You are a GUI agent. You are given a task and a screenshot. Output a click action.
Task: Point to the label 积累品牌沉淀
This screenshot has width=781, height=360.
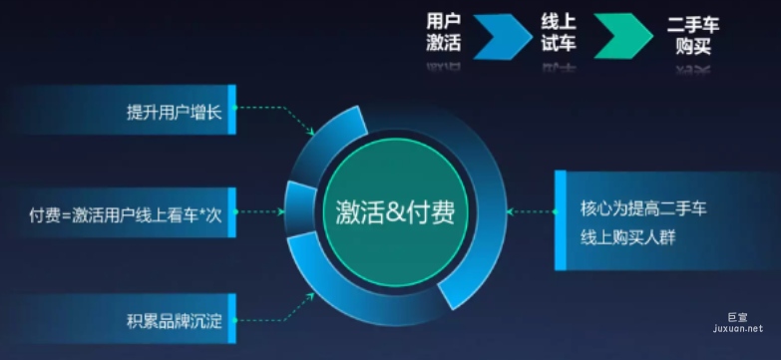(175, 321)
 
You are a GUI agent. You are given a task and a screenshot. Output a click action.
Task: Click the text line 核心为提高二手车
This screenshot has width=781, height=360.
(643, 210)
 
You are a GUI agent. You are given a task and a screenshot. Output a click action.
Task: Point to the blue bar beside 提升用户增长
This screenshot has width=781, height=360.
(232, 110)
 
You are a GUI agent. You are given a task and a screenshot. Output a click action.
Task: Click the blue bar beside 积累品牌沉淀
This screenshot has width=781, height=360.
(232, 320)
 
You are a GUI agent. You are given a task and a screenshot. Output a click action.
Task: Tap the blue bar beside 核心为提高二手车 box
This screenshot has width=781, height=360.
(561, 219)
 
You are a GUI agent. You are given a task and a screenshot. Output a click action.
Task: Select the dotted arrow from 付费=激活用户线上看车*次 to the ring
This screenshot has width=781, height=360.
(261, 211)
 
